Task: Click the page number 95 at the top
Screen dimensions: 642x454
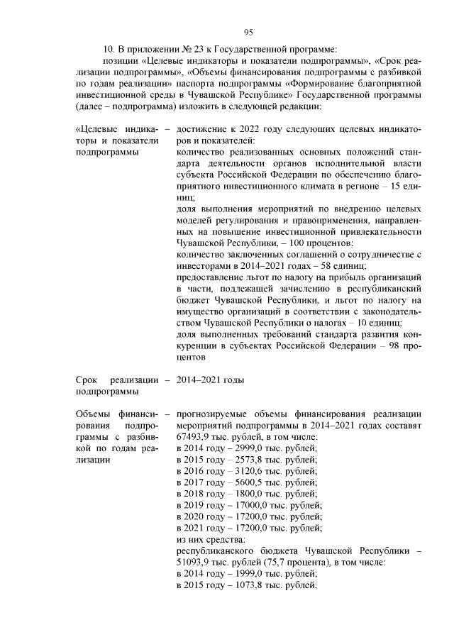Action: pos(249,31)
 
